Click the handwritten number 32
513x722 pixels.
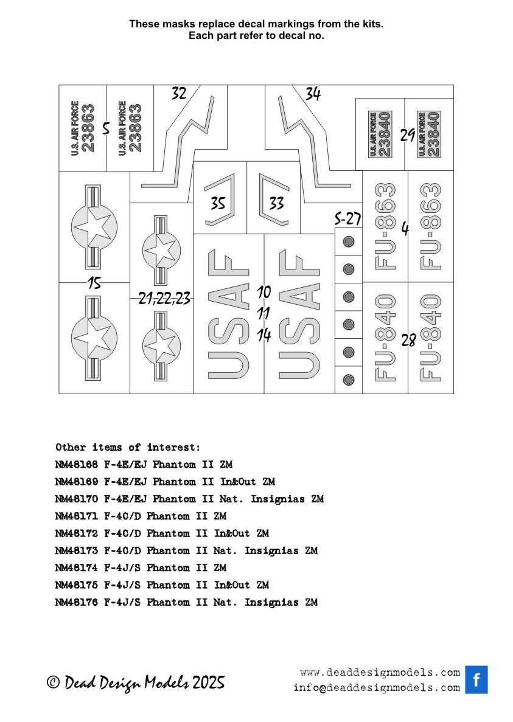(x=179, y=94)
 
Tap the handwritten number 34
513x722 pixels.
(x=313, y=94)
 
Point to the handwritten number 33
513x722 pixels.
(x=276, y=203)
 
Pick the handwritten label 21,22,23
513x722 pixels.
(x=164, y=298)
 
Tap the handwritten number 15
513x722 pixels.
(x=94, y=283)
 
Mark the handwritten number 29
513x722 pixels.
(x=408, y=135)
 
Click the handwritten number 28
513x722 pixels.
(x=408, y=341)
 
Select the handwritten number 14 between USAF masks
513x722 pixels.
(x=263, y=335)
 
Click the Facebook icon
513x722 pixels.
(x=476, y=680)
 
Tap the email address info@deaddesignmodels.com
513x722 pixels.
(x=376, y=688)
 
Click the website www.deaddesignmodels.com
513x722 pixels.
(x=380, y=673)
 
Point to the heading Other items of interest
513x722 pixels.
(x=127, y=448)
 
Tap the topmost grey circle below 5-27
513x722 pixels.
(x=349, y=241)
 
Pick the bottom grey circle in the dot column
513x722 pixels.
(x=349, y=380)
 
